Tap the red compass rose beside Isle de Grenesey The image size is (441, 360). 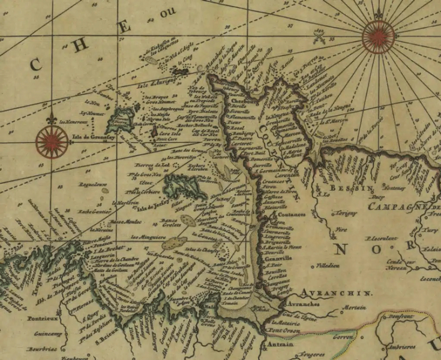[52, 141]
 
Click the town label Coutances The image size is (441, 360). [290, 215]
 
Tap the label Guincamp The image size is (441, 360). [44, 334]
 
